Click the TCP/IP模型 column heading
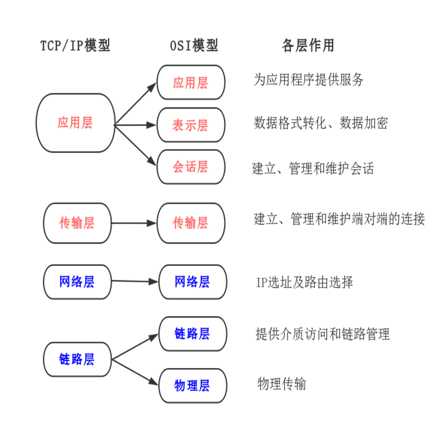click(x=75, y=46)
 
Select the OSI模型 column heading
click(x=191, y=46)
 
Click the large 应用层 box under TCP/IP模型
click(x=75, y=123)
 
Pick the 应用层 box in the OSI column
click(x=191, y=82)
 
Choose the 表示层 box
click(x=191, y=125)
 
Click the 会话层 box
click(x=191, y=167)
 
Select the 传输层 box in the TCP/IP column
click(x=77, y=223)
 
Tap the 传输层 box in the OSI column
click(x=191, y=223)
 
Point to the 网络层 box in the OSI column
click(x=192, y=282)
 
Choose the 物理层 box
click(x=192, y=386)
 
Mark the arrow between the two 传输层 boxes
click(x=134, y=223)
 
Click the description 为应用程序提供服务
click(x=308, y=80)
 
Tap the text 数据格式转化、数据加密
click(x=320, y=123)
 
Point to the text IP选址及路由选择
click(x=304, y=282)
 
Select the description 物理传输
click(x=281, y=384)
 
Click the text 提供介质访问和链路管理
click(x=323, y=335)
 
